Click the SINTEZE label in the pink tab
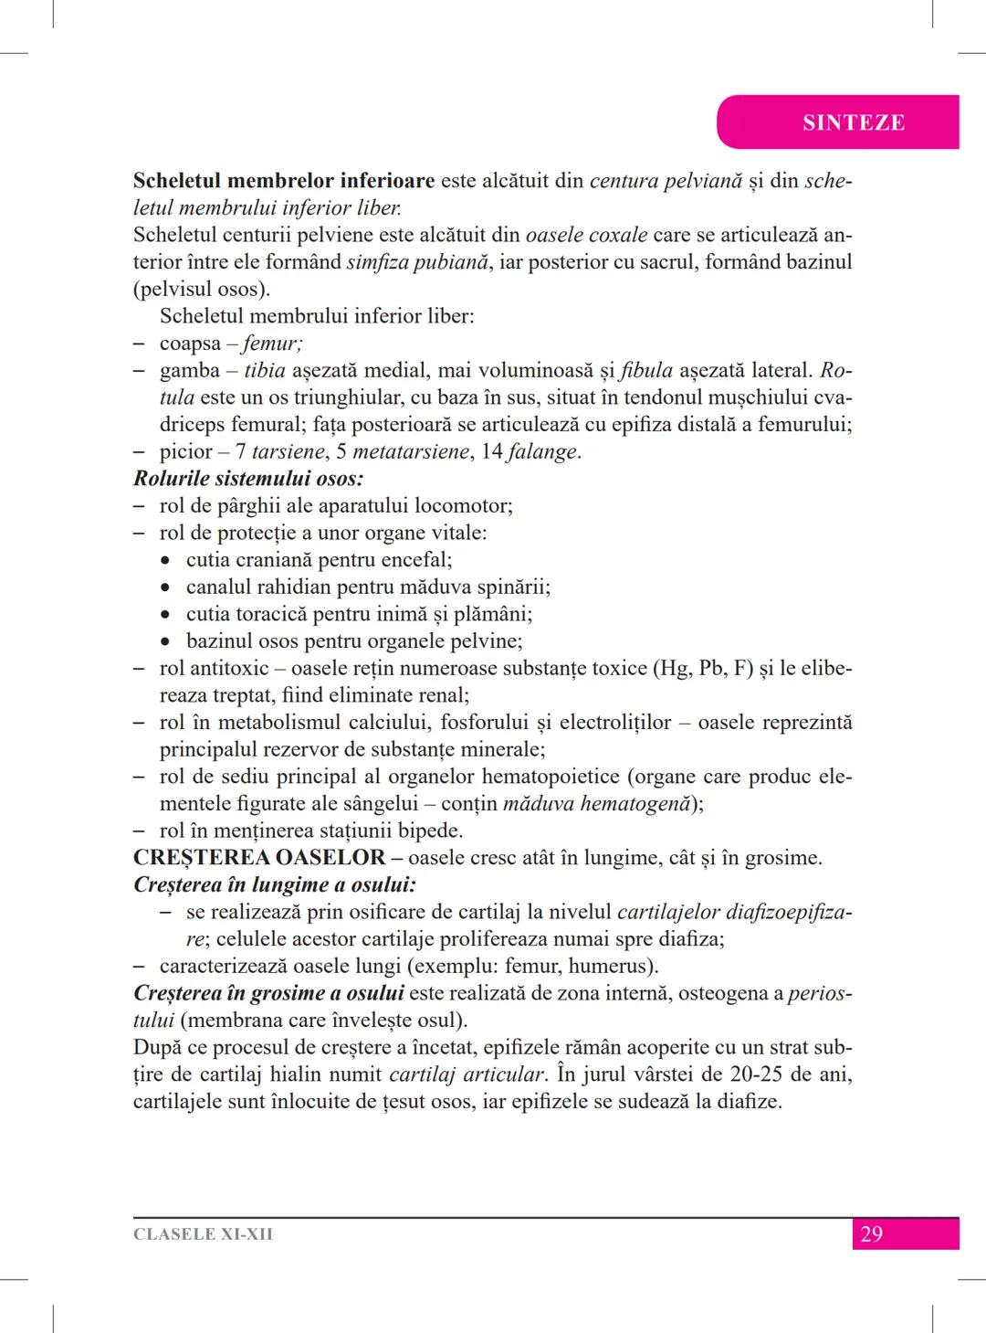[x=853, y=122]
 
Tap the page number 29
[x=871, y=1234]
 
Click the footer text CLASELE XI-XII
[x=203, y=1234]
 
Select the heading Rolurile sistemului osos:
[x=248, y=479]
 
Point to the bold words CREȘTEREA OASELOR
[x=259, y=858]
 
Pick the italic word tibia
[x=265, y=371]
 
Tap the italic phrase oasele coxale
[x=586, y=235]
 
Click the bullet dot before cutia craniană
[x=165, y=561]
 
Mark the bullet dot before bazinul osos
[x=165, y=642]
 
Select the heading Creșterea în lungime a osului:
[x=275, y=885]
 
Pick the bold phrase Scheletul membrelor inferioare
[x=284, y=181]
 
